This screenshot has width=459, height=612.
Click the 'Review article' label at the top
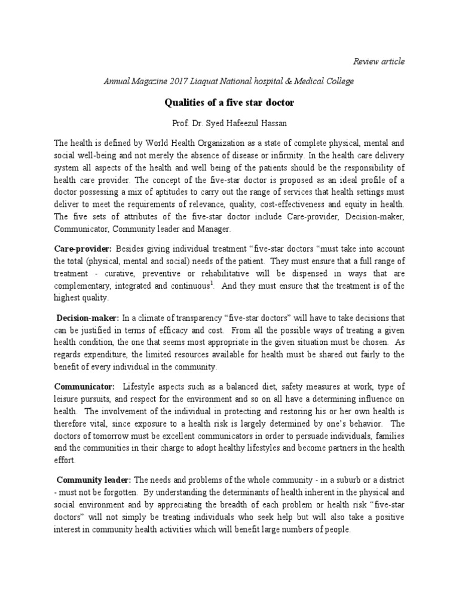[x=378, y=61]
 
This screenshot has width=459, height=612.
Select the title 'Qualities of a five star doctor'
[x=229, y=102]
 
